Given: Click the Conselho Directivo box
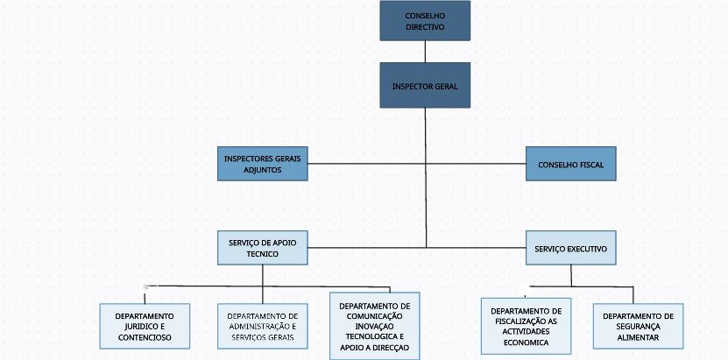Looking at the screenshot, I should [425, 21].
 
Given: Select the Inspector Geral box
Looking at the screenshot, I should [425, 86].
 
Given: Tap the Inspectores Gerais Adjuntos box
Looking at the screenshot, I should [263, 164].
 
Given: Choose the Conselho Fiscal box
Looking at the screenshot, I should [570, 164].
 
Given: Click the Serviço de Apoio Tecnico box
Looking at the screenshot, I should [263, 248].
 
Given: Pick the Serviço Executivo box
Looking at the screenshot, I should [570, 249].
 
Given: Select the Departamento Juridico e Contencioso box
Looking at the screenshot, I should [145, 326].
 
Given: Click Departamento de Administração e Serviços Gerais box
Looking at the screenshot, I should [263, 326].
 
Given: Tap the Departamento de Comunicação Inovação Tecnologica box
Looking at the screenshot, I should [375, 326].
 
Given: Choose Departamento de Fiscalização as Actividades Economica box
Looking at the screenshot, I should [526, 326].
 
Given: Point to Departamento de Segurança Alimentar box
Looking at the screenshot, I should [638, 326].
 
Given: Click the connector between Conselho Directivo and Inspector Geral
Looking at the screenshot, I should [425, 52].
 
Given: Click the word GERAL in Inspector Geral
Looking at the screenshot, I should [444, 87].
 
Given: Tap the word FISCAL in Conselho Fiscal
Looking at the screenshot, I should [590, 165].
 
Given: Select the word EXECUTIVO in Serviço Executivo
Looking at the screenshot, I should [586, 250].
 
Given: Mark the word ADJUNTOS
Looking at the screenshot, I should [263, 170].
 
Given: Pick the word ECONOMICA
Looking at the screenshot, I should [526, 342].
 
